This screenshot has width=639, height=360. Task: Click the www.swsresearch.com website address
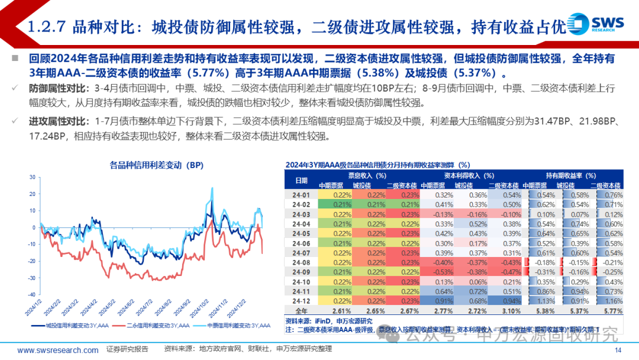[x=58, y=350]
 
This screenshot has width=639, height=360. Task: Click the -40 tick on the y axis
[x=31, y=295]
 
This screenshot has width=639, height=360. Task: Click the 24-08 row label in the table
[x=302, y=261]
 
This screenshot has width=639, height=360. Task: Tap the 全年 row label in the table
[x=302, y=310]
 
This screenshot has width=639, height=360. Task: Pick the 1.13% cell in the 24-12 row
[x=545, y=300]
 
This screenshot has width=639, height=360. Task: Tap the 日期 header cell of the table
[x=302, y=180]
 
